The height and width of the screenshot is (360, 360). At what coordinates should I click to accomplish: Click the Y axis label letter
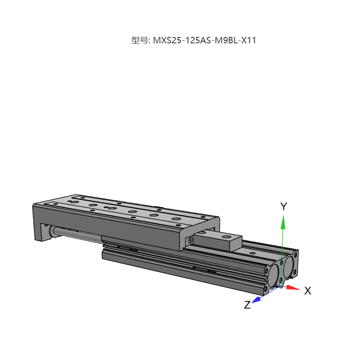click(x=284, y=207)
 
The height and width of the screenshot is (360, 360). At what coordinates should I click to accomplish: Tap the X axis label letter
click(x=308, y=291)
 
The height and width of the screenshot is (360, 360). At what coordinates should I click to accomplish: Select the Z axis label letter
click(x=247, y=304)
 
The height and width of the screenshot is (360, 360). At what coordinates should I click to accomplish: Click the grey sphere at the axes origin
click(x=281, y=285)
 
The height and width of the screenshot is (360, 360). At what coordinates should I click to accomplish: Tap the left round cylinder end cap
click(x=273, y=275)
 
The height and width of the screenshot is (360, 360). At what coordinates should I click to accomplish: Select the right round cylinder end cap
click(x=290, y=265)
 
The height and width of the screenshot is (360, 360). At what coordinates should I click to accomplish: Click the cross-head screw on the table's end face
click(x=190, y=240)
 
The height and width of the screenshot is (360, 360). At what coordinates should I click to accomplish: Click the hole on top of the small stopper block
click(x=224, y=235)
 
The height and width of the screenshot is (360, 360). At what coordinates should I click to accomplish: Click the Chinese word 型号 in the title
click(x=139, y=41)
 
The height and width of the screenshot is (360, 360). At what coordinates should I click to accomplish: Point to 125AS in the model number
click(x=199, y=41)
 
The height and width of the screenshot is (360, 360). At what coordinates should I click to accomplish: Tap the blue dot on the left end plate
click(x=46, y=225)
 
